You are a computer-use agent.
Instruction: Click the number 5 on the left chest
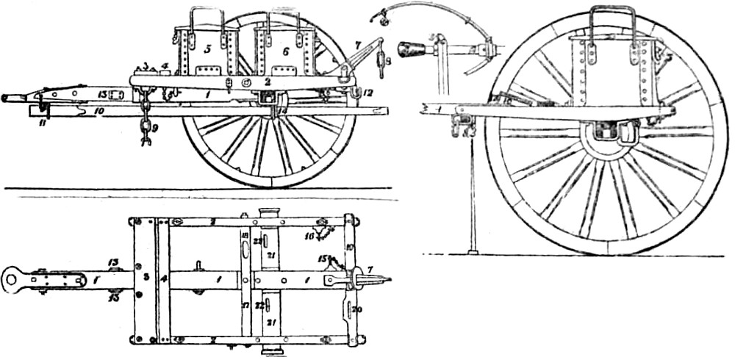tap(208, 49)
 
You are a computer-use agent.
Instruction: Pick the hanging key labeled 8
tap(381, 65)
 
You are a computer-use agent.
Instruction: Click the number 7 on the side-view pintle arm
tap(357, 46)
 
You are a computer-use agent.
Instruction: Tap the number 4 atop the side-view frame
tap(165, 65)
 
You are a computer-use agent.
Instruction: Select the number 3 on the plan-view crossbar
tap(146, 278)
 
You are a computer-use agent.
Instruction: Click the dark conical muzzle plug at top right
tap(412, 49)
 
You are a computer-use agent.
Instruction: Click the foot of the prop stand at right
tap(473, 251)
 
